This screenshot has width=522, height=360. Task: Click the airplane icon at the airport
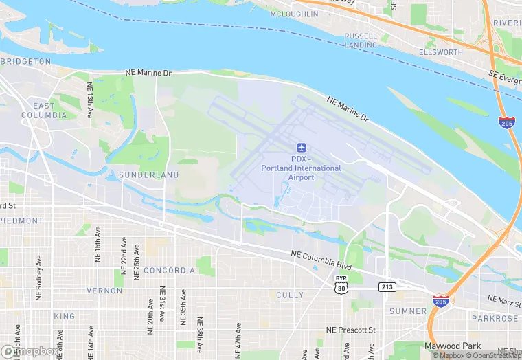[301, 148]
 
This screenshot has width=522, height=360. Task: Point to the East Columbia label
[44, 110]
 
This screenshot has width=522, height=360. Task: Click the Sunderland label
[149, 175]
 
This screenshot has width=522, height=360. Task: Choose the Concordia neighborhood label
[169, 271]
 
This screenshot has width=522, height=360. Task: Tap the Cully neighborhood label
[290, 295]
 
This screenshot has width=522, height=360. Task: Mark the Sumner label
[408, 311]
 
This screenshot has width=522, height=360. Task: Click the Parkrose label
[495, 319]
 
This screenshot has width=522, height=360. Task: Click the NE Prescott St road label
[351, 330]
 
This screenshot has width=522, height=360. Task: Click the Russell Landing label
[361, 41]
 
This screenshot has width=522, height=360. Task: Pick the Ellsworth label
[441, 52]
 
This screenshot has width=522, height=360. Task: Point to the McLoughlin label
[294, 14]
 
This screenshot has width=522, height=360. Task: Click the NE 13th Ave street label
[90, 100]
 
